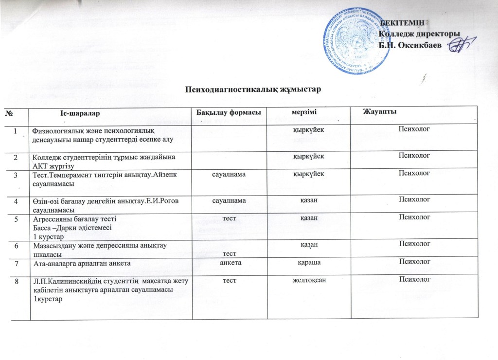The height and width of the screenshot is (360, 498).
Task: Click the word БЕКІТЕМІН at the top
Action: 403,22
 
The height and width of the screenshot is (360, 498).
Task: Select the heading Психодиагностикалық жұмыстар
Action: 253,90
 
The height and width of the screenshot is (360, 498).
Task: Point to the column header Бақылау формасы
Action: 227,113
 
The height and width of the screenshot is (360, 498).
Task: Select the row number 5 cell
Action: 17,219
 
